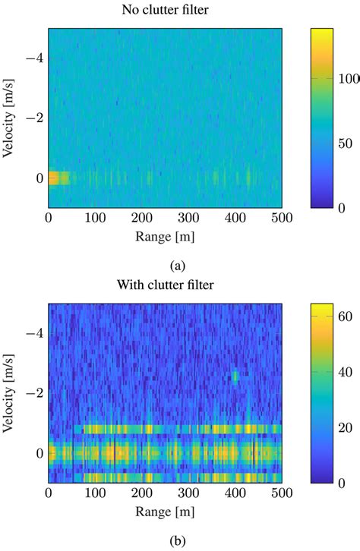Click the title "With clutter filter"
click(166, 286)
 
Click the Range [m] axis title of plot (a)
click(166, 237)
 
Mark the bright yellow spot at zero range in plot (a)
click(55, 178)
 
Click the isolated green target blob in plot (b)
click(235, 376)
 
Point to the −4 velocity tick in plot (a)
click(33, 57)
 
